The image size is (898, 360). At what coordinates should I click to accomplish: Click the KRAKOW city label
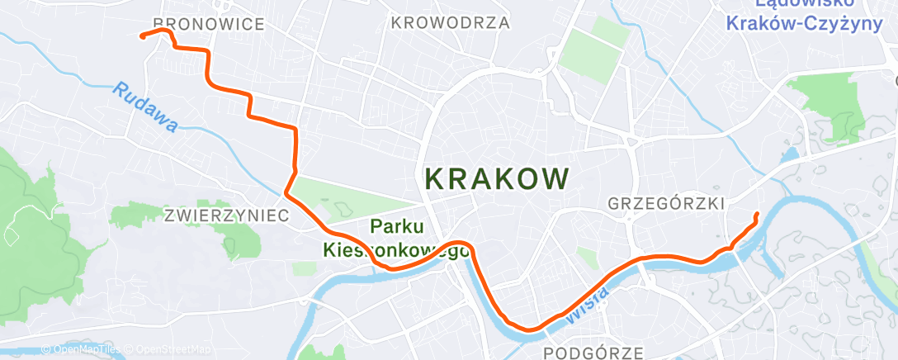496,178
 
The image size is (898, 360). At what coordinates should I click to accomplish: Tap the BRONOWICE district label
209,24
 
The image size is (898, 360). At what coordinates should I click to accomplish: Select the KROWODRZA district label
450,22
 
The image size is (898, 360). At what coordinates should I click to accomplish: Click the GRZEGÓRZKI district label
665,203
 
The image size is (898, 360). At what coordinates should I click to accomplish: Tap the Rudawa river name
146,107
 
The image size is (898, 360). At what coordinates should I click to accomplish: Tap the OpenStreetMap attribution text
168,350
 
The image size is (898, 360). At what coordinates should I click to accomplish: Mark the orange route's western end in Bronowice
142,36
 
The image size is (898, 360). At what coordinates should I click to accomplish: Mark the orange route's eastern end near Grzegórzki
757,215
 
